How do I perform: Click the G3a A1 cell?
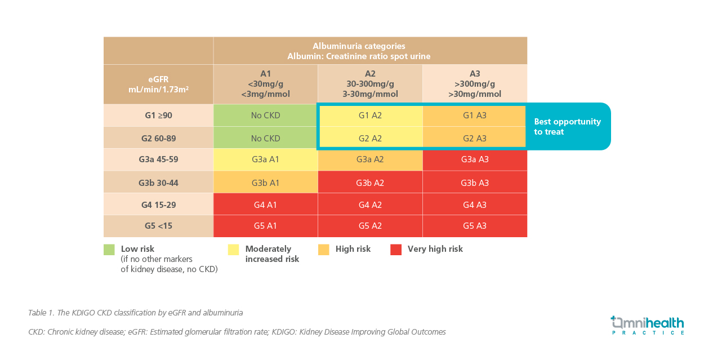point(265,159)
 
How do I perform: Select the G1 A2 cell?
point(371,115)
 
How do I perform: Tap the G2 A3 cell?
point(474,137)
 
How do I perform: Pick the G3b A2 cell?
point(370,182)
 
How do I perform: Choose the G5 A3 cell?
point(475,226)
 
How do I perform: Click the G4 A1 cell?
point(265,204)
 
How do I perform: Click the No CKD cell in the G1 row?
point(265,115)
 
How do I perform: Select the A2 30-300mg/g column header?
point(370,84)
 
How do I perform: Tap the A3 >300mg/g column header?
point(475,84)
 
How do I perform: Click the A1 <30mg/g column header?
point(265,84)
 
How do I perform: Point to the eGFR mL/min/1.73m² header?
point(158,85)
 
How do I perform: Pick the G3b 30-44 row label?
point(158,182)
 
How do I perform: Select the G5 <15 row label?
point(158,226)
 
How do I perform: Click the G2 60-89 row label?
point(158,138)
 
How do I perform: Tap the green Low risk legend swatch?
point(109,250)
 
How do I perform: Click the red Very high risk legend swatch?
point(396,250)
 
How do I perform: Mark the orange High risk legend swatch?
point(324,250)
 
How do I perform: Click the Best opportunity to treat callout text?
point(567,127)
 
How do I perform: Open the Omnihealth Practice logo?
point(647,325)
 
